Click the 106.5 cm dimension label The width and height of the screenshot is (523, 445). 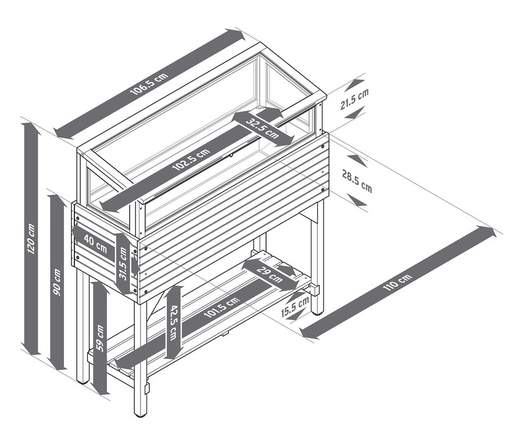tap(149, 84)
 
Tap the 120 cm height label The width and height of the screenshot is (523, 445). tap(31, 238)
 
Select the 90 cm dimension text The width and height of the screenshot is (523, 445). tap(57, 282)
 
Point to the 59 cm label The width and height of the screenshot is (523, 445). tap(100, 339)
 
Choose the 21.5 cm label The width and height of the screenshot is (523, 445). tap(354, 99)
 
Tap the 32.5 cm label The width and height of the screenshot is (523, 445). tap(262, 128)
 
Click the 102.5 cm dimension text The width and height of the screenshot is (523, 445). tap(191, 159)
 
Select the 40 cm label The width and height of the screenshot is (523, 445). tap(95, 243)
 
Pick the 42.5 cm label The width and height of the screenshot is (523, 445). tap(173, 322)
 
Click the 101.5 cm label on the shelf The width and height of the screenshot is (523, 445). tap(221, 307)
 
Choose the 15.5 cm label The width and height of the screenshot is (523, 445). tap(295, 307)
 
